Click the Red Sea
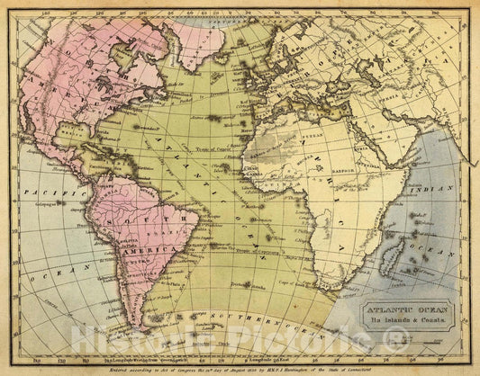tap(364, 144)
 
